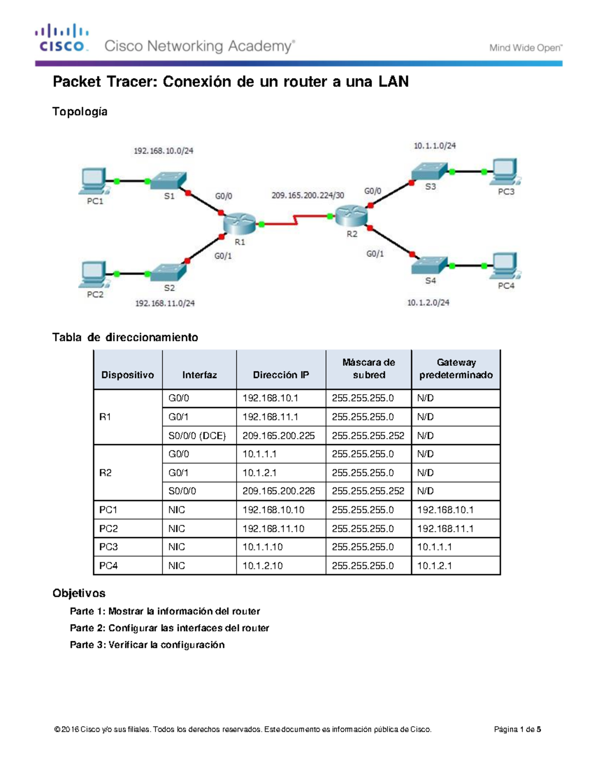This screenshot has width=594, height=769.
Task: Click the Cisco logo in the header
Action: coord(62,38)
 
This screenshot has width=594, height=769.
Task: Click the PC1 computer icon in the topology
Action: coord(93,181)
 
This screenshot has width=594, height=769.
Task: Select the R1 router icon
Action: coord(240,224)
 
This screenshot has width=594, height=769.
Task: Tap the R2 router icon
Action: coord(351,216)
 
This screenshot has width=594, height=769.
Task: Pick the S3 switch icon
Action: coord(429,171)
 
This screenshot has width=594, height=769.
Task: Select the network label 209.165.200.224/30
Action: coord(307,196)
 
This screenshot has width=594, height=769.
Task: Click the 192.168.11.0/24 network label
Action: coord(165,303)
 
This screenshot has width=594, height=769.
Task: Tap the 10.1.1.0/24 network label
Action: coord(435,146)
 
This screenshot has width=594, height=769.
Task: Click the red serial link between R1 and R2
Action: coord(296,220)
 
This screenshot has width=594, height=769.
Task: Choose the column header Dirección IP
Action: coord(281,375)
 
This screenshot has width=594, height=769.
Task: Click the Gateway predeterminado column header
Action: coord(456,369)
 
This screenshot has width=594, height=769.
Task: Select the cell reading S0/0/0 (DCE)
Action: coord(197,436)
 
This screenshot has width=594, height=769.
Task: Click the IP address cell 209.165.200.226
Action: coord(279,491)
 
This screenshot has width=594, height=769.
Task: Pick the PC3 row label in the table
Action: coord(108,547)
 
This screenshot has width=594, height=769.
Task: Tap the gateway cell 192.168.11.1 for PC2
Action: coord(445,529)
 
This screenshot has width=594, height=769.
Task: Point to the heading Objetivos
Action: coord(79,593)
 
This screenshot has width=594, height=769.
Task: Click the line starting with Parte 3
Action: coord(147,645)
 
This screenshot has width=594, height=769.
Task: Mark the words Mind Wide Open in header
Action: coord(526,48)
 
